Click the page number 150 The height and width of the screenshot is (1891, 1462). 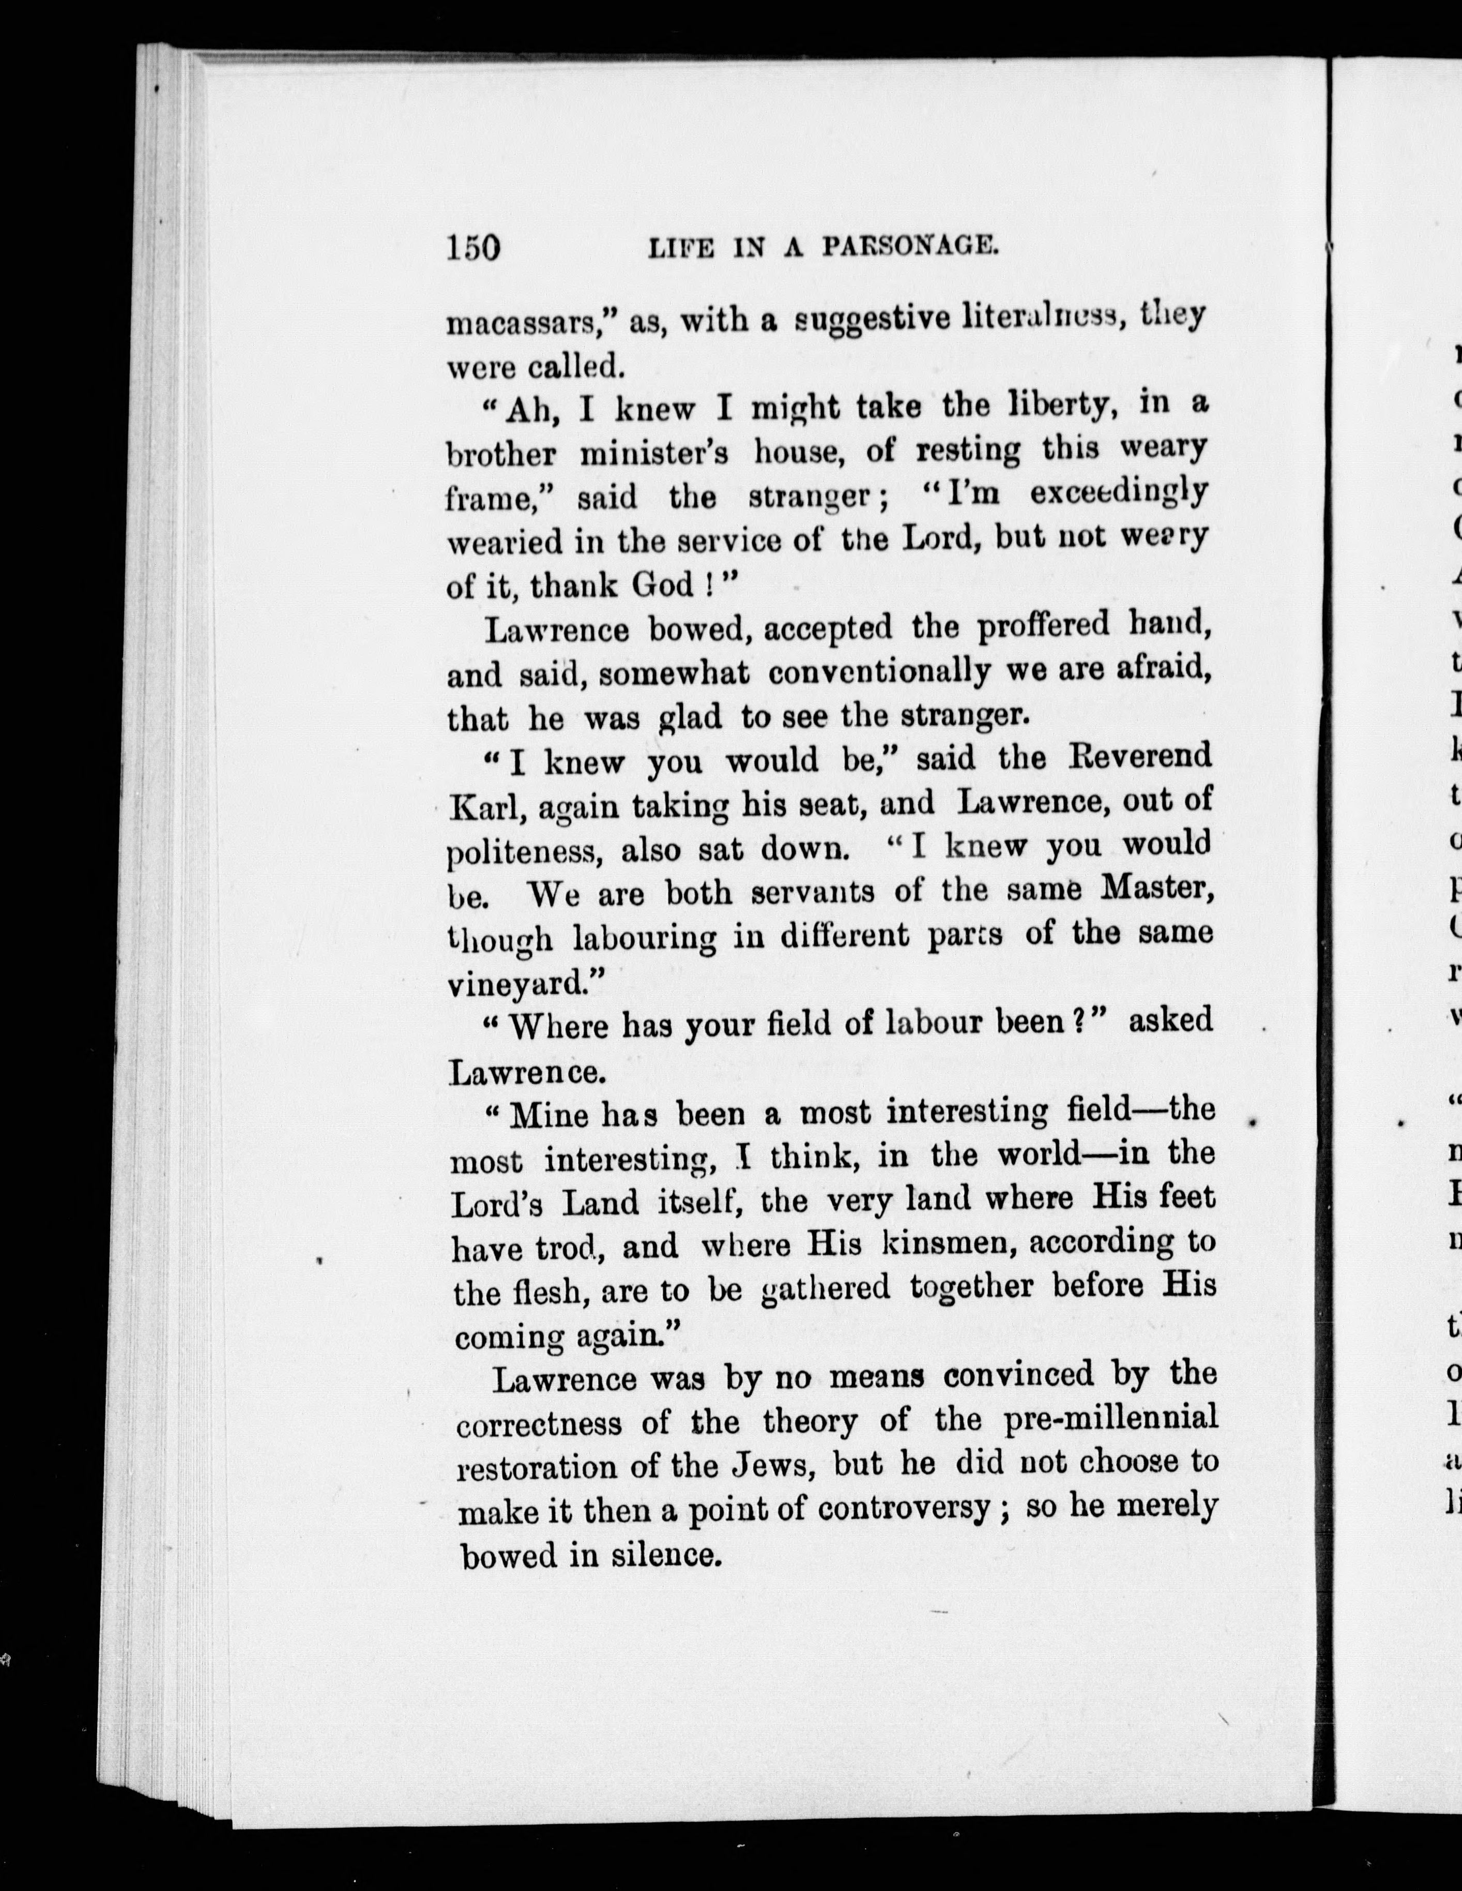pos(474,248)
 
